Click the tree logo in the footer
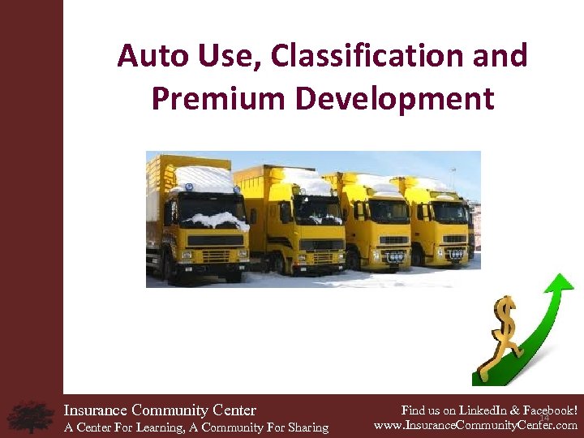30,416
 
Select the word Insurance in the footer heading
96,410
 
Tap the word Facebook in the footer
547,410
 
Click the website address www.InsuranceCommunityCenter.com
475,424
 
